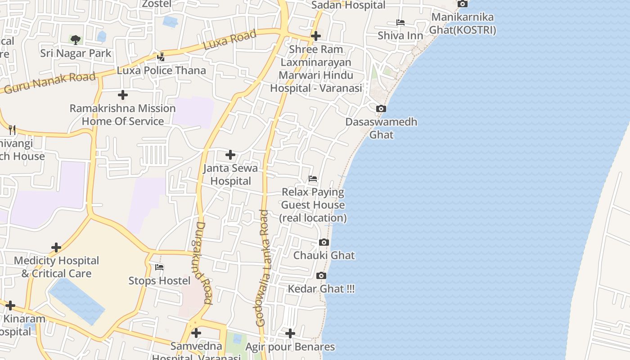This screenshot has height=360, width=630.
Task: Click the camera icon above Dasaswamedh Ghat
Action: pyautogui.click(x=381, y=108)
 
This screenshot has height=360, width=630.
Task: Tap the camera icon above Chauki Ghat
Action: pyautogui.click(x=324, y=242)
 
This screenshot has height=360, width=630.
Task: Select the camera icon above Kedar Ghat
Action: pyautogui.click(x=321, y=275)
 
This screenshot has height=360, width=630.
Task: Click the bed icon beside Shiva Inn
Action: pyautogui.click(x=400, y=22)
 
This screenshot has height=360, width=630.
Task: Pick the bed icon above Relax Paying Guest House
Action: pyautogui.click(x=313, y=179)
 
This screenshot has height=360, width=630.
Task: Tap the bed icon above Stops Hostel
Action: pyautogui.click(x=159, y=267)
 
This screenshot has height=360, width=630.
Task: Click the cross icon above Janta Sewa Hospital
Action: pyautogui.click(x=230, y=155)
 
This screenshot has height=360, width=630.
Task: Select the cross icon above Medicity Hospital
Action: pyautogui.click(x=56, y=247)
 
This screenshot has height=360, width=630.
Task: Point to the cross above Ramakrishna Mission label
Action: pyautogui.click(x=122, y=95)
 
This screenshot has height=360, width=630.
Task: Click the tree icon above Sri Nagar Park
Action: pyautogui.click(x=76, y=40)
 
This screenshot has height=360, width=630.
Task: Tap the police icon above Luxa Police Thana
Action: pyautogui.click(x=161, y=57)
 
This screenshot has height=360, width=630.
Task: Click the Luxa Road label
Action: pyautogui.click(x=229, y=40)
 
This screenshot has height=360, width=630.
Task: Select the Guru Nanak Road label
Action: pyautogui.click(x=50, y=82)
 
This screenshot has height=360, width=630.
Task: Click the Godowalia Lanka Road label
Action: pyautogui.click(x=262, y=268)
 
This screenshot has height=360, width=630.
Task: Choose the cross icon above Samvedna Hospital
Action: pyautogui.click(x=196, y=333)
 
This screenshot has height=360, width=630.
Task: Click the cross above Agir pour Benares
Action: pyautogui.click(x=290, y=333)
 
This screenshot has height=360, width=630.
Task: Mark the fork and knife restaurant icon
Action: pyautogui.click(x=12, y=130)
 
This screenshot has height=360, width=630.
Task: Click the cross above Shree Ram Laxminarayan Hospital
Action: pyautogui.click(x=316, y=36)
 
